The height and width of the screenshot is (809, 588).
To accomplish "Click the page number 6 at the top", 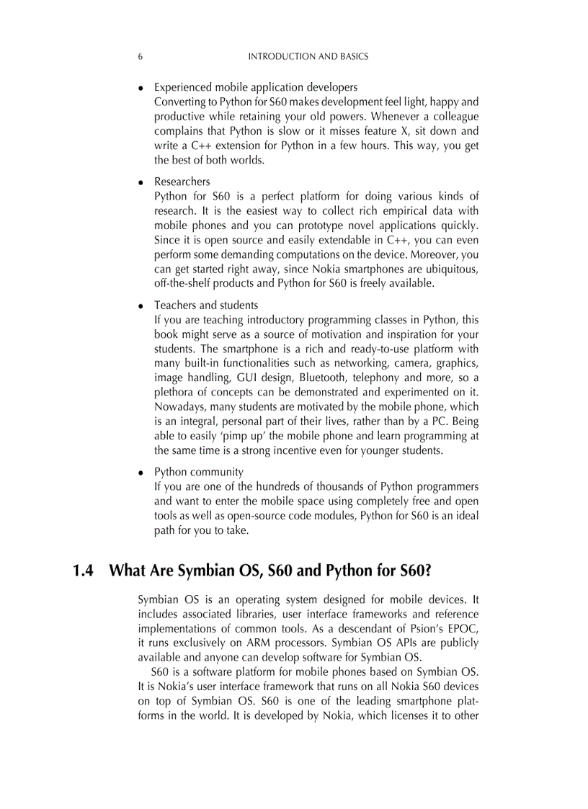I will [140, 56].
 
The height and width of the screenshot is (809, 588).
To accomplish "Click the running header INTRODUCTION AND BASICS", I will [308, 56].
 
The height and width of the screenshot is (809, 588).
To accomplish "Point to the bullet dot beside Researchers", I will [141, 182].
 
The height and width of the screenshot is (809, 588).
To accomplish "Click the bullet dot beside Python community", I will [141, 473].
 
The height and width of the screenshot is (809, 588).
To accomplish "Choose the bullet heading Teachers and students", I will [205, 305].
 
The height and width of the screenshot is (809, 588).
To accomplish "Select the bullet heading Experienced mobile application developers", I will [255, 88].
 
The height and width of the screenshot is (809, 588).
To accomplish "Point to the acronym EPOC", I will [464, 627].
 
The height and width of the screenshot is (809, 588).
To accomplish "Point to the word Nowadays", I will [177, 406].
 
